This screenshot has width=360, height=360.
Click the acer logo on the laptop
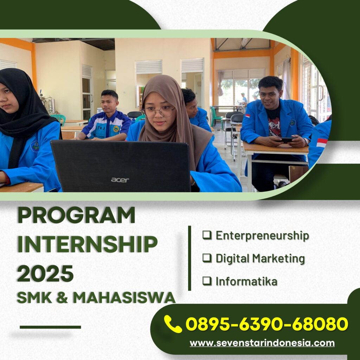[x=120, y=180]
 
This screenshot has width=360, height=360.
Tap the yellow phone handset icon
[x=173, y=324]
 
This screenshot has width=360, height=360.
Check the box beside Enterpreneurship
[x=207, y=235]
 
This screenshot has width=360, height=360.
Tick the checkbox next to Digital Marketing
[x=207, y=258]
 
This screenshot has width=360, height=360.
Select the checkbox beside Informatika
[x=207, y=281]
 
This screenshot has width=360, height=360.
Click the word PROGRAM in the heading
[x=76, y=215]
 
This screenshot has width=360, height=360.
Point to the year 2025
[x=45, y=273]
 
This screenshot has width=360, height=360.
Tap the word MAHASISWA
[x=124, y=297]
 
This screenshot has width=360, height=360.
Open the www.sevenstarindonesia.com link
[x=262, y=343]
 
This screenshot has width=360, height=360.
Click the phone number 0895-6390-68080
[x=267, y=324]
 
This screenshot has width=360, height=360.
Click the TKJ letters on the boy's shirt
[x=101, y=128]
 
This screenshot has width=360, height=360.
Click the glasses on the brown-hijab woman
[x=159, y=112]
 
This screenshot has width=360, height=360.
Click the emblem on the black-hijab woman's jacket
[x=35, y=146]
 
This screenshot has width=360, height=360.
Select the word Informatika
[x=246, y=281]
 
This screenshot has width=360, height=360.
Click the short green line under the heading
[x=50, y=327]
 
